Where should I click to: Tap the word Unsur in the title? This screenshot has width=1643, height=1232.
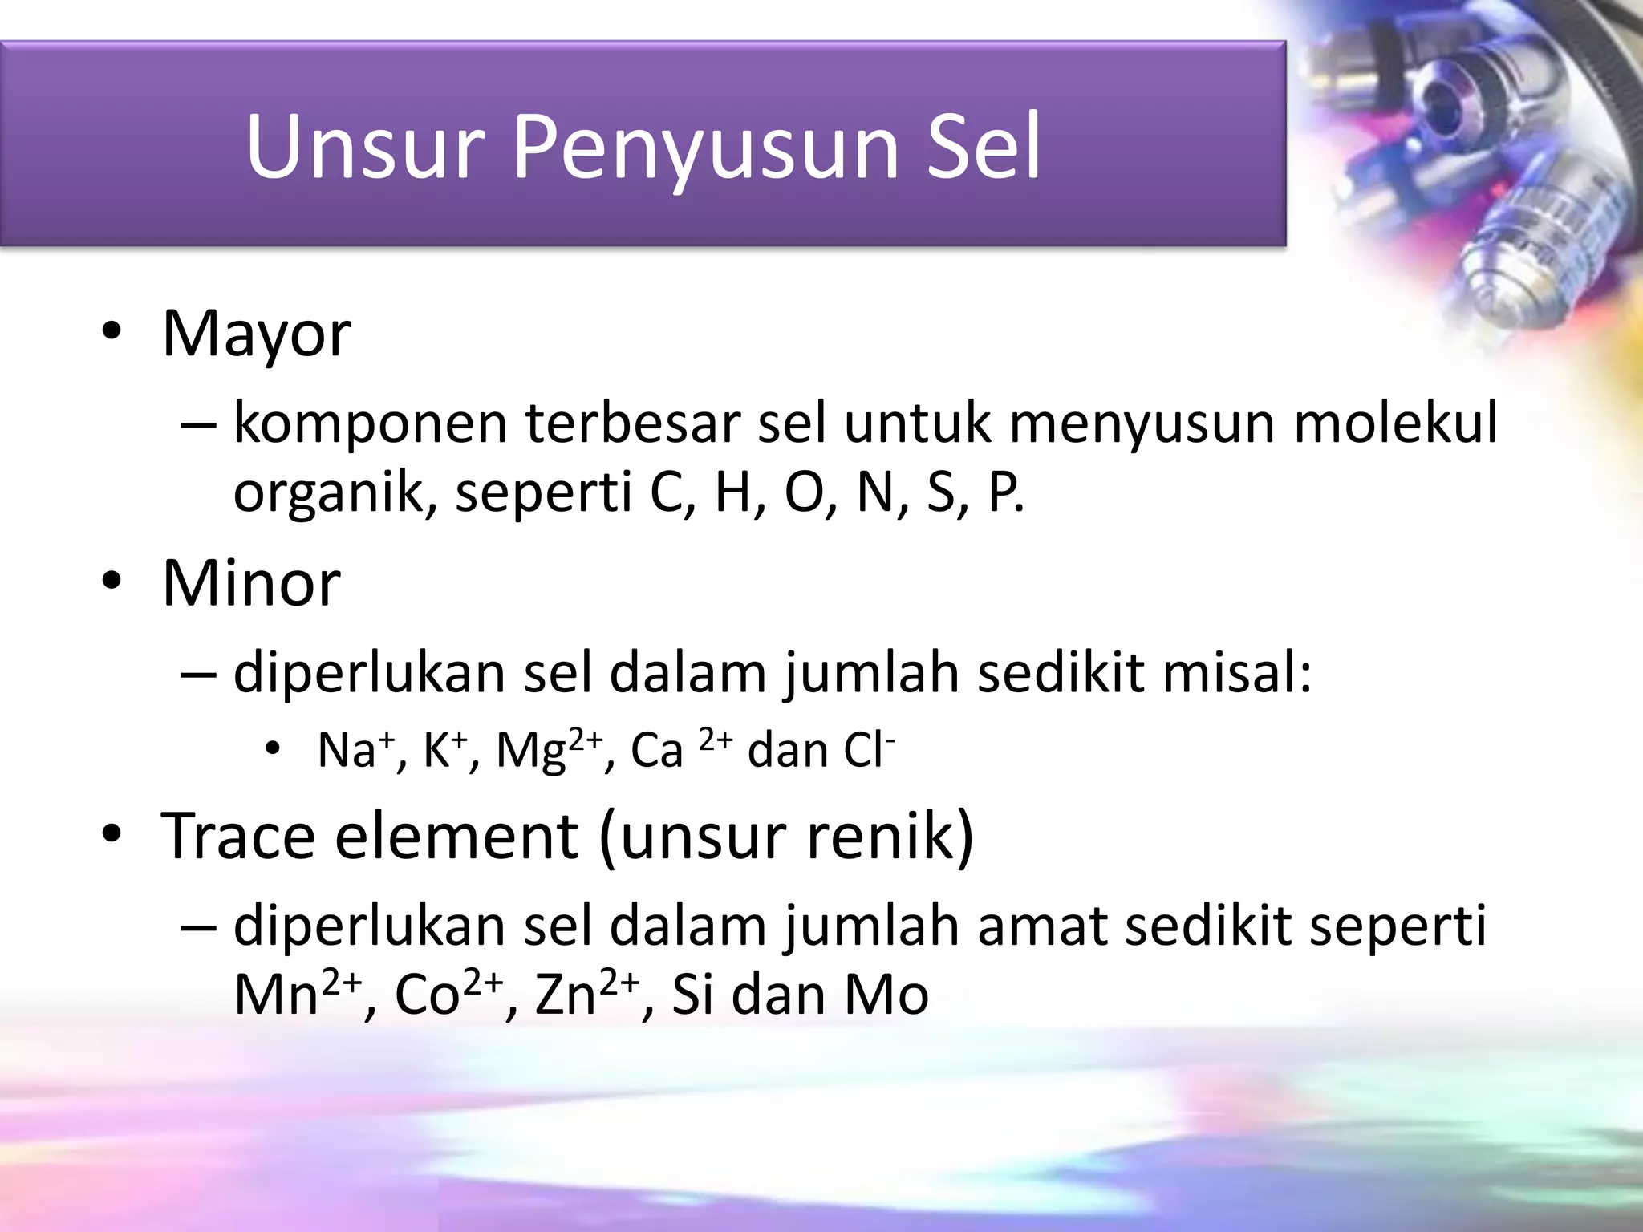pyautogui.click(x=366, y=147)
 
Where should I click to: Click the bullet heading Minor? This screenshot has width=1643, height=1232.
pyautogui.click(x=251, y=583)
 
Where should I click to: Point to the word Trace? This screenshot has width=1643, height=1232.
pyautogui.click(x=238, y=836)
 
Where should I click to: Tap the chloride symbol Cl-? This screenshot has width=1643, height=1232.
pyautogui.click(x=868, y=751)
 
